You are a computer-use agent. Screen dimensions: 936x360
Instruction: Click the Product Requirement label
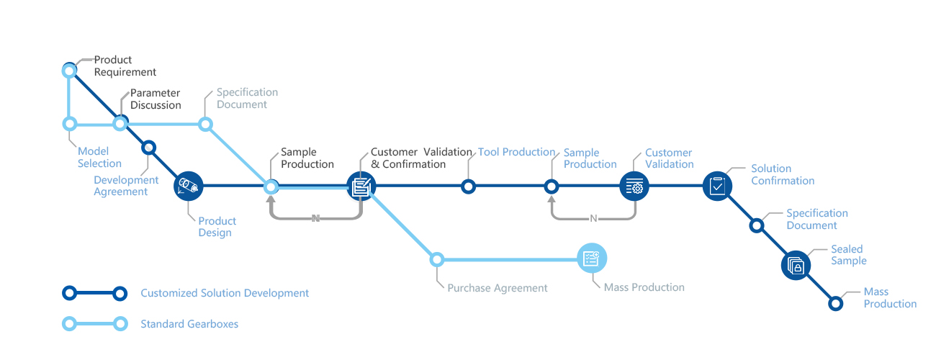click(125, 66)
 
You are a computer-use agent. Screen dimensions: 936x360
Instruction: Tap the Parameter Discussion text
click(156, 99)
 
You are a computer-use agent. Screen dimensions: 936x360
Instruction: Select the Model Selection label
click(99, 157)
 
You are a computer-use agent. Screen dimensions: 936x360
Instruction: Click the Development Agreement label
click(126, 186)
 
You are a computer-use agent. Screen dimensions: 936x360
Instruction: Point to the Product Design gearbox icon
click(189, 186)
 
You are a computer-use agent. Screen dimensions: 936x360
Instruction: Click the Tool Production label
click(516, 152)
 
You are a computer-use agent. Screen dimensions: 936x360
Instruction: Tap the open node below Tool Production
click(469, 186)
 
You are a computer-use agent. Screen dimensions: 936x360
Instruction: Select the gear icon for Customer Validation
click(634, 186)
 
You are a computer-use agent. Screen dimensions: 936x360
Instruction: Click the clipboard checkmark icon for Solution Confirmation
click(717, 186)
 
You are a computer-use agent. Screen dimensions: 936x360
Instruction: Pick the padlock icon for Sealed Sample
click(796, 266)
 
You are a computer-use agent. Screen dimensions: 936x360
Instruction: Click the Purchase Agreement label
click(498, 288)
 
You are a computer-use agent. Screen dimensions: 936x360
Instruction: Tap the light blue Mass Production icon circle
click(592, 258)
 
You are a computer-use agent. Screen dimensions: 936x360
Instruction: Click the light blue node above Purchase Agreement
click(436, 260)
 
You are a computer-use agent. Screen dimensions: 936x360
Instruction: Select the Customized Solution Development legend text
click(225, 293)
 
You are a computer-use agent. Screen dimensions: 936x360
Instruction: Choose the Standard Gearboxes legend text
click(189, 324)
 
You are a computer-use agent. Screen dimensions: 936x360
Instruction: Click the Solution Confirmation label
click(783, 174)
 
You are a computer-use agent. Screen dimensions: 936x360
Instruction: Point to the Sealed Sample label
click(848, 255)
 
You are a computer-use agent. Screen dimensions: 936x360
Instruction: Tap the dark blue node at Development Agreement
click(149, 148)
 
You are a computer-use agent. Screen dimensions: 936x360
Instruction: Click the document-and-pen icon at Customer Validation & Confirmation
click(361, 186)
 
